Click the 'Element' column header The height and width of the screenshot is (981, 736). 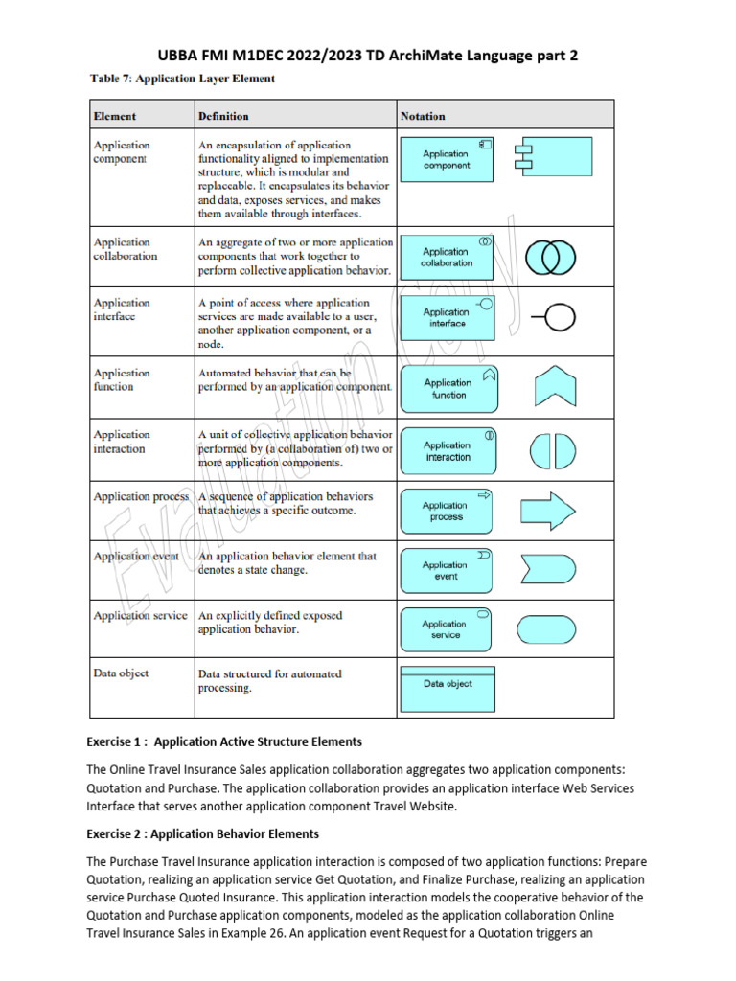(114, 116)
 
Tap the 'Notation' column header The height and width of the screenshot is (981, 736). (423, 116)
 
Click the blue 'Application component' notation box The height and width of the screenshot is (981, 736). (446, 159)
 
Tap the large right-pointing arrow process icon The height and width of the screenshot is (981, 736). (546, 512)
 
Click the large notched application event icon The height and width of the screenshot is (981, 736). (546, 571)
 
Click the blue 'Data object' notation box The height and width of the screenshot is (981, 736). (447, 684)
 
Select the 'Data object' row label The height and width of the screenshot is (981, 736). (121, 673)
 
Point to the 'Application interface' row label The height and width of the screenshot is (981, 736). (122, 308)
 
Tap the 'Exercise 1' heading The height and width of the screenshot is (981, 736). (224, 741)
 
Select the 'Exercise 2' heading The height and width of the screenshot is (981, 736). (202, 833)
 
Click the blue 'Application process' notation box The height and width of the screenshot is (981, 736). (446, 512)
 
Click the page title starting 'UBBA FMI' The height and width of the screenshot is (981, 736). (368, 56)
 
